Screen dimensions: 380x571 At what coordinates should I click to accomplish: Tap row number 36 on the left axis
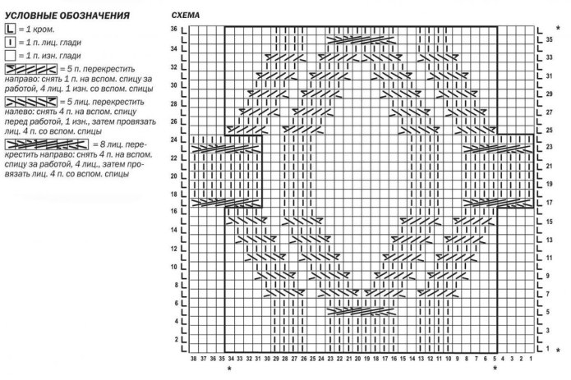click(x=173, y=29)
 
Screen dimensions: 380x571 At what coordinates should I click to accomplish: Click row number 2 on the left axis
click(x=174, y=339)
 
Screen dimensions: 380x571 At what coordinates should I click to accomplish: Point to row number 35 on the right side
click(x=549, y=39)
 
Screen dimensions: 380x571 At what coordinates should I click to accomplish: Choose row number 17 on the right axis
click(x=549, y=202)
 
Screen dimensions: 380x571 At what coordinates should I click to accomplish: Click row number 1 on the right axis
click(x=549, y=349)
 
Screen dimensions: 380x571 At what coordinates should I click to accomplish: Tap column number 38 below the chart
click(x=193, y=359)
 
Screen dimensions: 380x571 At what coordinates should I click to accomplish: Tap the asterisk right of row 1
click(x=559, y=350)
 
